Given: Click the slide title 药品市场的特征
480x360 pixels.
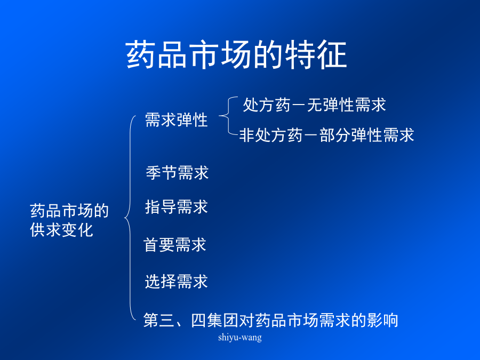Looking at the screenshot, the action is [236, 55].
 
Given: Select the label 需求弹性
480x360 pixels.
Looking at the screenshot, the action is [177, 119].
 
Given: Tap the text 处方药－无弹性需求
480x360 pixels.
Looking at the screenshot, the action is [314, 105].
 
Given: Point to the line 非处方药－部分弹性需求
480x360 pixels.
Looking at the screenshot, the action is [326, 135].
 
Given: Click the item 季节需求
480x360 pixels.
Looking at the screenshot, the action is [177, 173].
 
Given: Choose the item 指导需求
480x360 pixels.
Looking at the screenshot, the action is [177, 206].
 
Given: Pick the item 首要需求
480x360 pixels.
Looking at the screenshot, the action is [175, 245].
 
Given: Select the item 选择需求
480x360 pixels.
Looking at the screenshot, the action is [177, 281].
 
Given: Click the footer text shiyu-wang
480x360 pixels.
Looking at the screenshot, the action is [240, 338].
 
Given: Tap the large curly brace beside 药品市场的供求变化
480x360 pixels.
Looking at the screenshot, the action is [129, 218].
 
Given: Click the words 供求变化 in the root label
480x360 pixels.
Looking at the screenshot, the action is [61, 230].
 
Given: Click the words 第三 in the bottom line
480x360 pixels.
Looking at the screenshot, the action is [159, 320].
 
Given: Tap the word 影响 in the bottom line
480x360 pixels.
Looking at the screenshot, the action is [382, 320].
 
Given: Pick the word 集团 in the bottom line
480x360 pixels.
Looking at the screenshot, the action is [223, 320].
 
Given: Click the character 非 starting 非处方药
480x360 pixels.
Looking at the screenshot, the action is [247, 135].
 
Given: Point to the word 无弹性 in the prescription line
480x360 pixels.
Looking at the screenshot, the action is [330, 105].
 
